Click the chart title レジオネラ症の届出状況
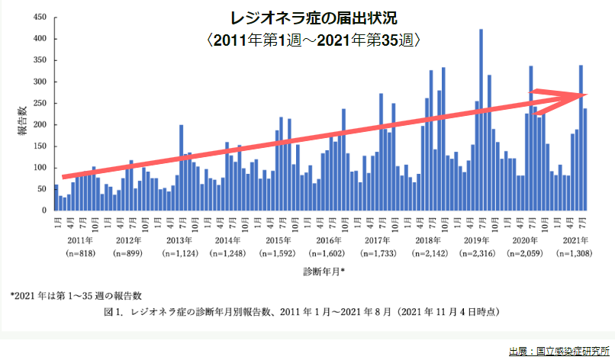click(x=312, y=17)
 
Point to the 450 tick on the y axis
click(x=38, y=17)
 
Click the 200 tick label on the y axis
click(x=38, y=124)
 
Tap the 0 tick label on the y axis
click(x=43, y=211)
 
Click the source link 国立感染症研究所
click(x=568, y=351)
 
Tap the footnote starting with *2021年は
click(x=76, y=295)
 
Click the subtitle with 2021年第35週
click(x=313, y=38)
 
